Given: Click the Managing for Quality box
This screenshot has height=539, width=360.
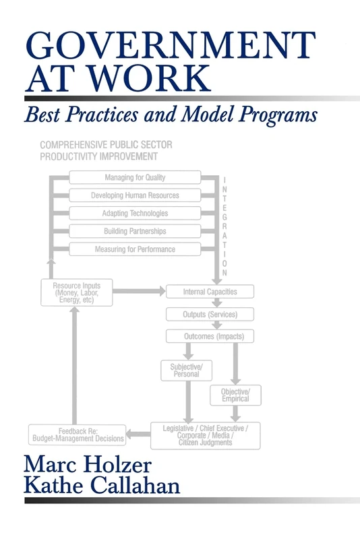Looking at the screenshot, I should click(135, 177).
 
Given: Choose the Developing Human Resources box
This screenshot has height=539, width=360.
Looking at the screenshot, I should click(135, 195).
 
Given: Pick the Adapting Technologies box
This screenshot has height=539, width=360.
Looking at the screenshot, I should click(135, 214).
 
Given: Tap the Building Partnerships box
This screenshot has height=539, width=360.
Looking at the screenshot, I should click(135, 231).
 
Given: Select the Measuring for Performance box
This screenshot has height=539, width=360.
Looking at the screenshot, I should click(135, 249).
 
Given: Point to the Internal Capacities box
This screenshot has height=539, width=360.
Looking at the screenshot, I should click(210, 292).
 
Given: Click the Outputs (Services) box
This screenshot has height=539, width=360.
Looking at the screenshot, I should click(210, 314).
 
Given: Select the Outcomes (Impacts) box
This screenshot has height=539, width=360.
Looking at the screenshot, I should click(210, 336).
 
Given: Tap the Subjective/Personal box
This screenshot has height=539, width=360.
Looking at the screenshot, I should click(186, 370).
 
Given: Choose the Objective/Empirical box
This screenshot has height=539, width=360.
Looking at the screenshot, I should click(235, 395).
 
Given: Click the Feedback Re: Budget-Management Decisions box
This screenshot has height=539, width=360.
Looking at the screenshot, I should click(78, 434).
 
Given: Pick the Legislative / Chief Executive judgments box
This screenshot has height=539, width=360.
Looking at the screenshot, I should click(205, 435).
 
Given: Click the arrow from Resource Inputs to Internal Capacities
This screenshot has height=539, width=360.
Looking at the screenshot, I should click(135, 292).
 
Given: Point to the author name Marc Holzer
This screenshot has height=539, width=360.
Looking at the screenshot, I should click(87, 464).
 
